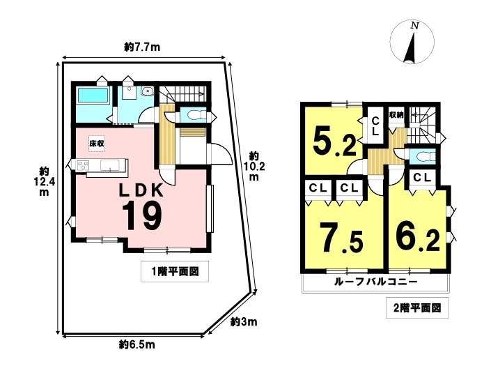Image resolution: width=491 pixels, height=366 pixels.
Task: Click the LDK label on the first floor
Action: [141, 190]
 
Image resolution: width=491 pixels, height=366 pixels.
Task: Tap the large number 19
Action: [142, 216]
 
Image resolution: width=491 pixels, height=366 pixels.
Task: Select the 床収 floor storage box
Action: [97, 144]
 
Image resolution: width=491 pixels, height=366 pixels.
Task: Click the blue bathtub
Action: [93, 95]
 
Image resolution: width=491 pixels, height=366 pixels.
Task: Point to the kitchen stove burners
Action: [84, 165]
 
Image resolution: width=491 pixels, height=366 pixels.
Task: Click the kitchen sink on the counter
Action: [109, 165]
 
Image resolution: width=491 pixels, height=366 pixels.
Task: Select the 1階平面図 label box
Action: [175, 271]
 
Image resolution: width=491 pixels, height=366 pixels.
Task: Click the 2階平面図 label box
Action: [417, 307]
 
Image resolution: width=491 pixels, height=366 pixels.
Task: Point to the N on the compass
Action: [414, 26]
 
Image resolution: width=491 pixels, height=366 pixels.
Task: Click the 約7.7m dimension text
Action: [142, 47]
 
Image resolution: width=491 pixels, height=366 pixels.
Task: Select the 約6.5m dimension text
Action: [137, 345]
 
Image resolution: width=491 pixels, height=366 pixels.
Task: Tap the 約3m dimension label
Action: [244, 321]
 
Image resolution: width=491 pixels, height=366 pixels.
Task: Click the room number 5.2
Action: [334, 143]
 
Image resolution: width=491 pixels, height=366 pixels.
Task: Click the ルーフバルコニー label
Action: [376, 282]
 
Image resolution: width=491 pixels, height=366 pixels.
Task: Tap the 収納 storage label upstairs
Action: [396, 115]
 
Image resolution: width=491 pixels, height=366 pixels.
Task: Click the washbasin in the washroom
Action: [147, 91]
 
